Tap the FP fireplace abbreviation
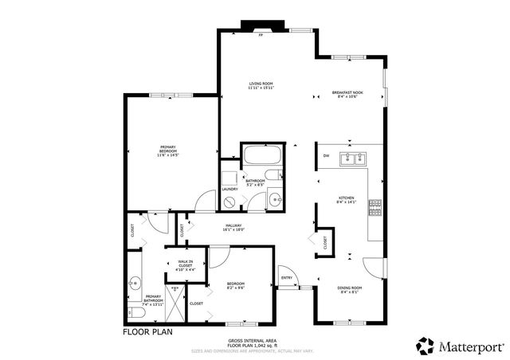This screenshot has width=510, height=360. pos(260,36)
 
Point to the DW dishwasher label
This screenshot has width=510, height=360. pos(327,156)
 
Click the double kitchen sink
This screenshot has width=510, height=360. pos(351,158)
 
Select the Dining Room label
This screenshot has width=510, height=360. pos(350,289)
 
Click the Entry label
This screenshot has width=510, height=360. pos(286,278)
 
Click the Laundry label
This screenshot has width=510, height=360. pos(229,189)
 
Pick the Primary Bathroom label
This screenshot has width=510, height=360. pos(152,302)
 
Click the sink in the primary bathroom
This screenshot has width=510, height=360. pos(135,282)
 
